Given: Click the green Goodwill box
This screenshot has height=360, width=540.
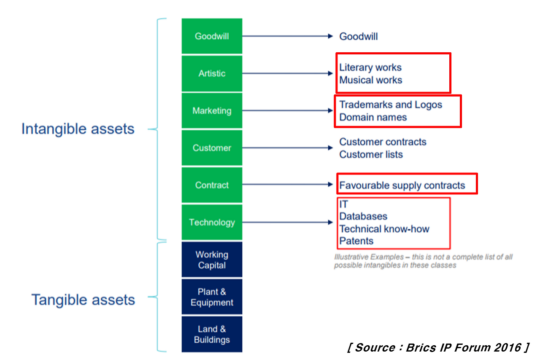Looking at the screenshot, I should pos(212,36).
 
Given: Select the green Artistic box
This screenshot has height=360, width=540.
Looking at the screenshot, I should pos(212,73).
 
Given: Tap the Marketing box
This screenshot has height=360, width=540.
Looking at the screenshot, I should pos(212,111).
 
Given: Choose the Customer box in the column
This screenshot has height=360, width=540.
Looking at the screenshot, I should pos(212,148).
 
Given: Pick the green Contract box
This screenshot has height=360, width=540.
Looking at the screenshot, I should pos(212,185).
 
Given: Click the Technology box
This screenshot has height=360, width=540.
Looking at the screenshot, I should pos(212,222).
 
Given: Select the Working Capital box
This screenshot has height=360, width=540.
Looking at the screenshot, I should pos(212,260).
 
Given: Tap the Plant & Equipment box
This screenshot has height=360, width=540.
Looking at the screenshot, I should pos(212,297).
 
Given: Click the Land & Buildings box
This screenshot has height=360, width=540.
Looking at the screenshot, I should pos(212,334).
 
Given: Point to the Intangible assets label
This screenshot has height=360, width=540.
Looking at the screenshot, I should pos(78,129).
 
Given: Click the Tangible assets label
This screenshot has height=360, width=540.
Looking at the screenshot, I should pos(83,300).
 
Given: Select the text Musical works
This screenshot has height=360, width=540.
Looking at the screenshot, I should pos(371,80).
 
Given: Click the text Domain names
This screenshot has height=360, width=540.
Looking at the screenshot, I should pos(373,117).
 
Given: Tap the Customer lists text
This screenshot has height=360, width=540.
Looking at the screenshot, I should pos(371,154).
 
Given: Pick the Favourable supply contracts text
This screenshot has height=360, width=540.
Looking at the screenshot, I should pos(402,185).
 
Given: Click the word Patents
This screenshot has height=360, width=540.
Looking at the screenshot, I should pos(356,241).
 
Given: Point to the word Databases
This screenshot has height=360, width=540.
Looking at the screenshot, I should pos(363,216).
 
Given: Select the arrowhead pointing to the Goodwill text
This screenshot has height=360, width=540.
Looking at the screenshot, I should pos(330,36).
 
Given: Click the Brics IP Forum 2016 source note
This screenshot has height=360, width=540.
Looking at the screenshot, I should pos(438,348).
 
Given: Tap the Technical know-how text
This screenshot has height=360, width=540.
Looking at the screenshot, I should pos(384,229).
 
